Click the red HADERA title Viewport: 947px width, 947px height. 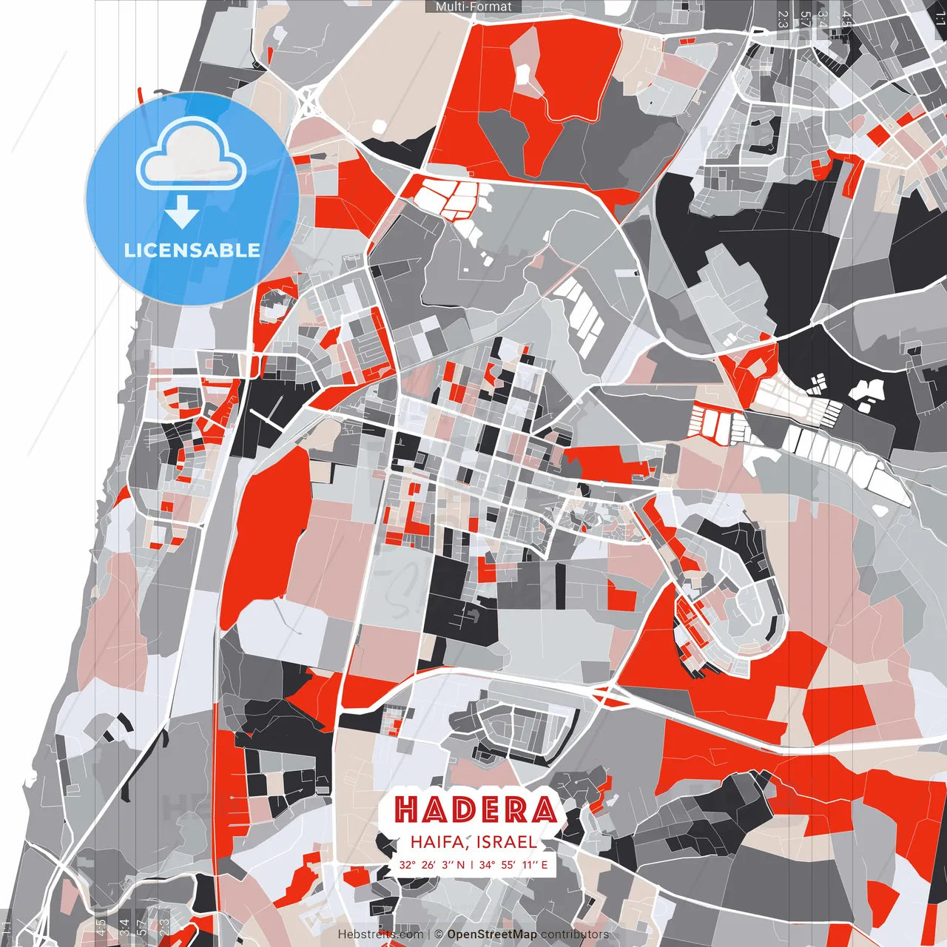tap(474, 809)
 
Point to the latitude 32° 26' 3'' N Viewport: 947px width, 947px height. tap(432, 864)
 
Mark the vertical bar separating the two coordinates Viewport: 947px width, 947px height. tap(472, 864)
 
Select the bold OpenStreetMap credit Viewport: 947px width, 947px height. tap(492, 934)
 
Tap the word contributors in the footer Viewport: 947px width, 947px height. tap(575, 934)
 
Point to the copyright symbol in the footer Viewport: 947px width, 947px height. tap(439, 934)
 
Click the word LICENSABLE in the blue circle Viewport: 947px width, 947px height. tap(192, 250)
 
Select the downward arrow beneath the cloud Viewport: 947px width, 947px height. tap(182, 212)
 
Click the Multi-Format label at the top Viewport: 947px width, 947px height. tap(473, 7)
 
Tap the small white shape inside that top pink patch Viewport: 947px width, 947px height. tap(523, 73)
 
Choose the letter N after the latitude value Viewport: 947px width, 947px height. tap(461, 864)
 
